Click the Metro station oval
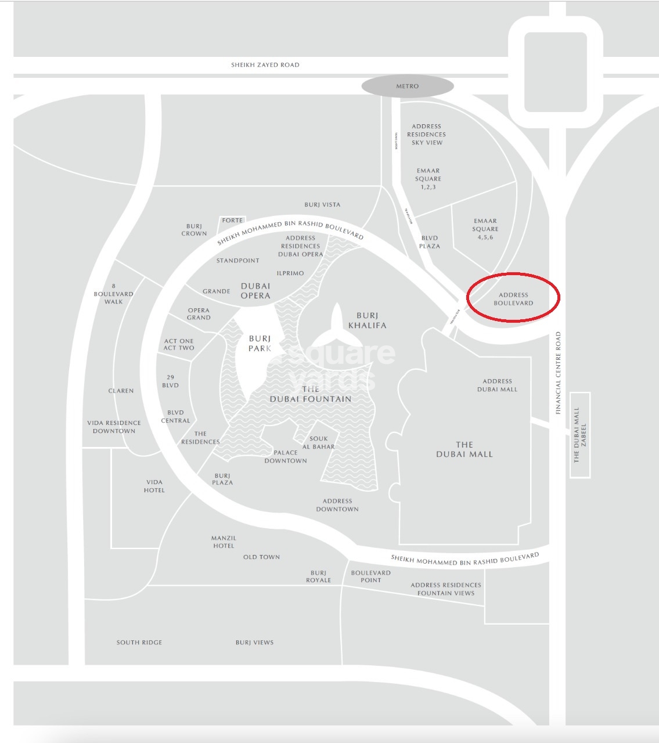click(x=407, y=86)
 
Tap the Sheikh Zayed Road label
click(x=265, y=65)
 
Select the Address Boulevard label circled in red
click(x=513, y=299)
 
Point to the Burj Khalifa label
click(x=367, y=320)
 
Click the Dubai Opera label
click(x=255, y=291)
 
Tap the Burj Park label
click(x=260, y=343)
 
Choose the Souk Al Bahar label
click(x=318, y=443)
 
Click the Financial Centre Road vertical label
click(x=559, y=373)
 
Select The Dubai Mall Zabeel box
click(x=580, y=435)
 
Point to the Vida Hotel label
click(x=154, y=486)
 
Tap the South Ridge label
click(x=139, y=643)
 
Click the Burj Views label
click(x=254, y=643)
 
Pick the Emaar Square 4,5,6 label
click(x=485, y=229)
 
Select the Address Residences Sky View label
click(x=426, y=134)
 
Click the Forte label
click(x=232, y=221)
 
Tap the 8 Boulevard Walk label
click(x=114, y=294)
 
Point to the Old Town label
click(x=261, y=557)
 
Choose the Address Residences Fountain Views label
click(x=446, y=589)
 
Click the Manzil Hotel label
click(x=224, y=542)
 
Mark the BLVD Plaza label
click(x=430, y=242)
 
